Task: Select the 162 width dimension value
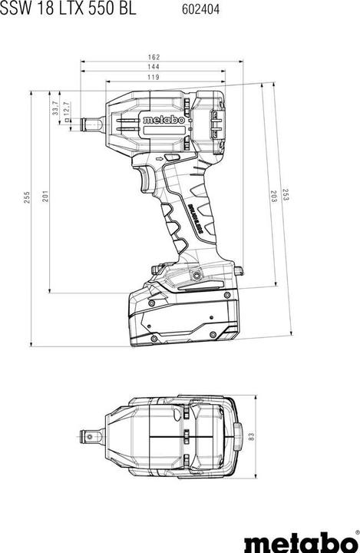pos(154,57)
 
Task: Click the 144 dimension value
pos(154,68)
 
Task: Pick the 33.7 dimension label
pos(55,109)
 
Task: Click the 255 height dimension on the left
pos(25,197)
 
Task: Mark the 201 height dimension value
pos(45,197)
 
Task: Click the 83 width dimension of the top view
pos(250,436)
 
